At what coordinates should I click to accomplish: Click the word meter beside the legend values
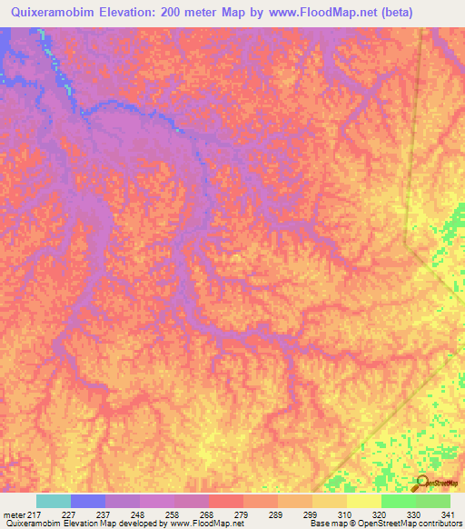click(15, 514)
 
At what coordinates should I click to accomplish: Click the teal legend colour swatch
click(54, 501)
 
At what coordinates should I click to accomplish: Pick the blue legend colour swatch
click(88, 501)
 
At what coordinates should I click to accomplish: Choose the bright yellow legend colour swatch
click(364, 501)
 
